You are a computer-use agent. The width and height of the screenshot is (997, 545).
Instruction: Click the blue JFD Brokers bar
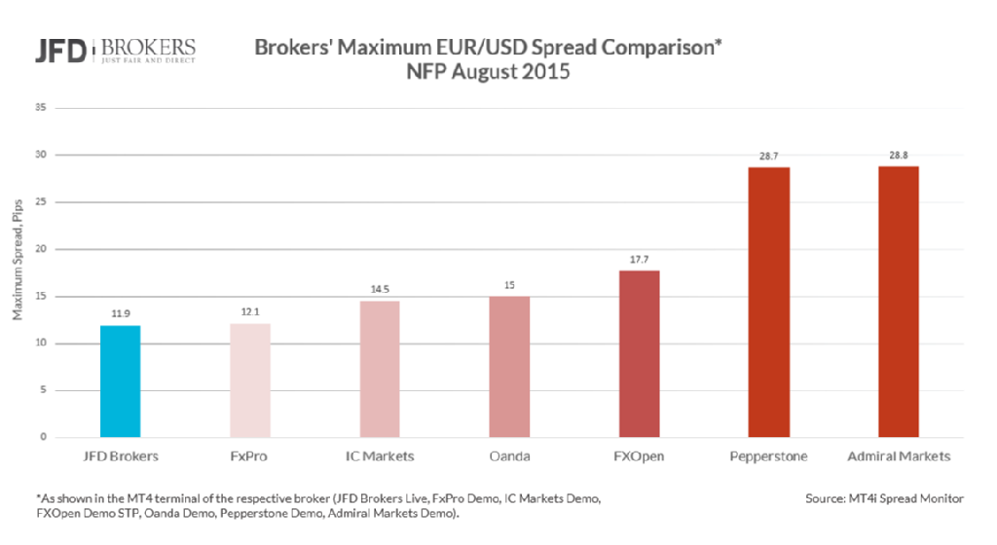120,381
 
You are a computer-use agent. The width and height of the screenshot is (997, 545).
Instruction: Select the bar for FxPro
250,381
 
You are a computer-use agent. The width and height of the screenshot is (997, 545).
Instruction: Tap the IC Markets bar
380,369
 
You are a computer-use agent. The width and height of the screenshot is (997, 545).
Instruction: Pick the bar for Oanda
509,367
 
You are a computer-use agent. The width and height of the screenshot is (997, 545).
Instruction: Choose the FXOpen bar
639,354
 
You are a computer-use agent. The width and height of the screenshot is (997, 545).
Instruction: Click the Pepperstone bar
768,303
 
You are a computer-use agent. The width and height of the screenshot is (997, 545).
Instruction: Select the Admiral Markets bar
898,302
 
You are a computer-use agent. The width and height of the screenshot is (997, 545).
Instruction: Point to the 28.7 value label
768,156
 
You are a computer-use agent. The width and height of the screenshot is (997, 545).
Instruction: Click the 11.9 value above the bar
120,314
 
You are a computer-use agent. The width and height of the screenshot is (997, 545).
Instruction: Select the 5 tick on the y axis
42,390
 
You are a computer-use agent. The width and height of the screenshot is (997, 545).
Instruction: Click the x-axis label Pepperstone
768,455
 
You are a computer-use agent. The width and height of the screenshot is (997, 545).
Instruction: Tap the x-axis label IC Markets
380,455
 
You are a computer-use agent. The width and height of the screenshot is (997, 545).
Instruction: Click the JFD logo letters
60,51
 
